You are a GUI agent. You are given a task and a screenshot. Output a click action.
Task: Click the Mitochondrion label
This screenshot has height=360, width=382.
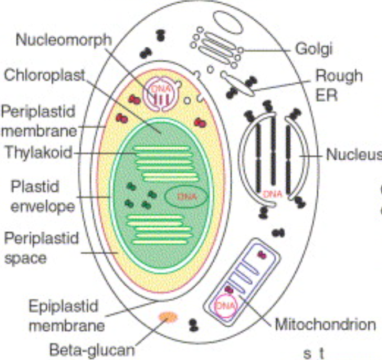[x=325, y=325]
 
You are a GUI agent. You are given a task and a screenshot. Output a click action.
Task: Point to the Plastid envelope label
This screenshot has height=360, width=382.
[x=38, y=196]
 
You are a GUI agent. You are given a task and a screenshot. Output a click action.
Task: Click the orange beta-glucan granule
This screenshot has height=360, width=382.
[x=168, y=317]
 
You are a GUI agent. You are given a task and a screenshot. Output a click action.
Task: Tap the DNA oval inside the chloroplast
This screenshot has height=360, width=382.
[x=186, y=196]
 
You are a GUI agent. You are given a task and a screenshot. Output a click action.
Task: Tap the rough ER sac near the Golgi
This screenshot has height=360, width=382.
[x=239, y=82]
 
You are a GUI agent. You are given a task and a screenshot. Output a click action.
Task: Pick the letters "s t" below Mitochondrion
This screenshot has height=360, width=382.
[x=312, y=352]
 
